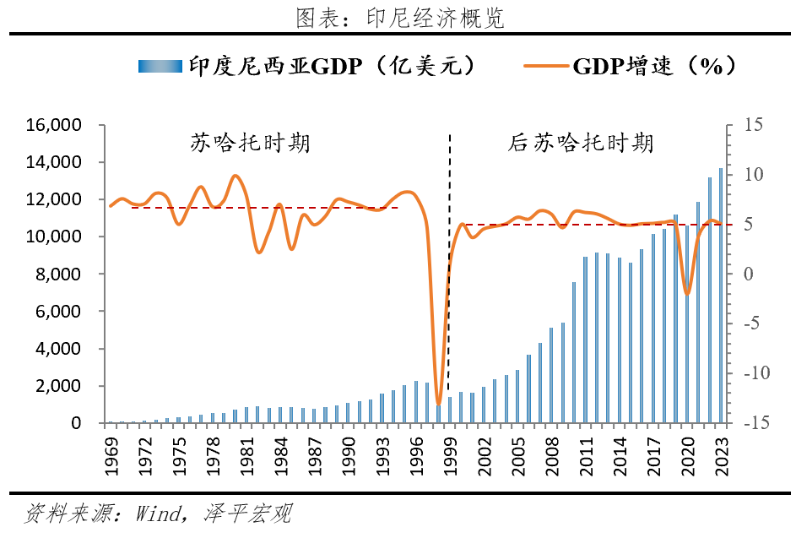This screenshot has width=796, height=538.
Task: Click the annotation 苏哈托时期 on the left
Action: pyautogui.click(x=250, y=142)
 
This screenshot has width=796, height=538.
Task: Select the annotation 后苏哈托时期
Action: pyautogui.click(x=581, y=142)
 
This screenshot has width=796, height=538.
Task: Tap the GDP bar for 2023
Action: pyautogui.click(x=720, y=296)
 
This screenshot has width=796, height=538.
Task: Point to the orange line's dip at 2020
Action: pyautogui.click(x=687, y=293)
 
